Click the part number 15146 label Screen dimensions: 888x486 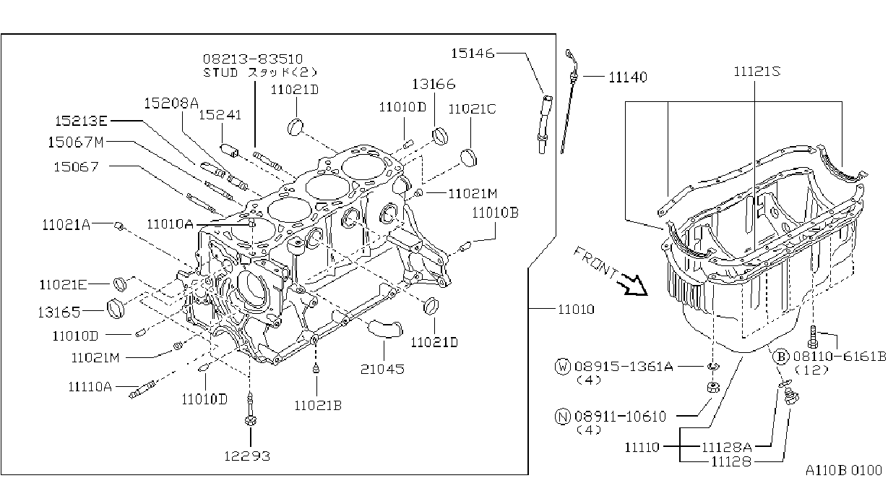click(x=473, y=54)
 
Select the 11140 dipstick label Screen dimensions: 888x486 click(x=628, y=77)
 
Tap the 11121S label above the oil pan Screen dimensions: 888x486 click(x=756, y=72)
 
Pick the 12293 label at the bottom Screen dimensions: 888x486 click(x=247, y=456)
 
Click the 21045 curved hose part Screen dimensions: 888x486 click(x=385, y=329)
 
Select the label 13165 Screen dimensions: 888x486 click(x=59, y=312)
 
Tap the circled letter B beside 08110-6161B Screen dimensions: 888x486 click(x=780, y=357)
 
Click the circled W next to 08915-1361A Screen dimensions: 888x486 click(x=562, y=367)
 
